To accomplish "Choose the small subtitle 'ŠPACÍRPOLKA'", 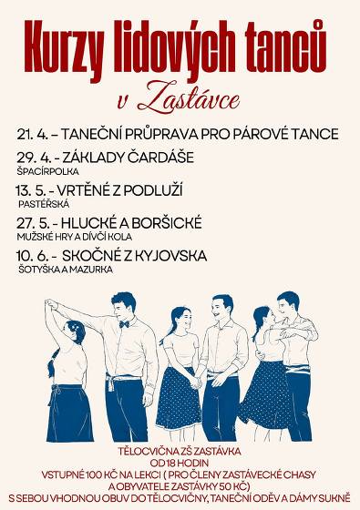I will click(48, 170).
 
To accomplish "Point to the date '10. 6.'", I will click(35, 255).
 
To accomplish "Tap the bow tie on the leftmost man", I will click(123, 323).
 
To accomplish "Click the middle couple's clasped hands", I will click(199, 372).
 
